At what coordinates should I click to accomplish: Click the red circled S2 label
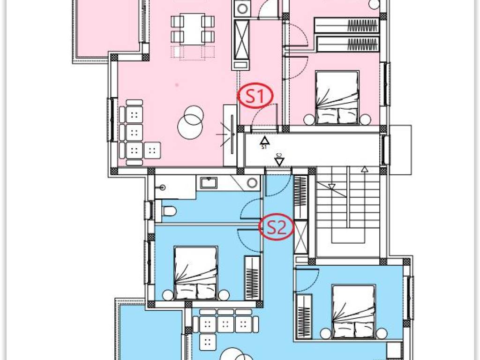click(x=277, y=227)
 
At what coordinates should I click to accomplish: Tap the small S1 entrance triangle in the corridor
click(x=264, y=141)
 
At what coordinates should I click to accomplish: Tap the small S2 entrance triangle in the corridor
click(x=279, y=162)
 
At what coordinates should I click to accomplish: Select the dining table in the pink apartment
click(x=192, y=30)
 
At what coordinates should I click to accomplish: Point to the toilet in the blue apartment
click(x=169, y=211)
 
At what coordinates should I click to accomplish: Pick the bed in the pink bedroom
click(x=337, y=98)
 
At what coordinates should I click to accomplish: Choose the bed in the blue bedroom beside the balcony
click(x=195, y=273)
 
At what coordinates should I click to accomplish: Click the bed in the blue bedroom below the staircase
click(x=353, y=312)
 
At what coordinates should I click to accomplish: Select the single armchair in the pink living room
click(x=152, y=150)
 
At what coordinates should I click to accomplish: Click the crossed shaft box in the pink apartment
click(x=241, y=40)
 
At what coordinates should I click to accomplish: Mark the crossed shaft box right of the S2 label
click(x=300, y=237)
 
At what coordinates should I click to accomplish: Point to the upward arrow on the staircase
click(x=364, y=203)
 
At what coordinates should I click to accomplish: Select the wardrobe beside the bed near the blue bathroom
click(x=253, y=278)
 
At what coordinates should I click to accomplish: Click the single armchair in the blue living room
click(x=208, y=342)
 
